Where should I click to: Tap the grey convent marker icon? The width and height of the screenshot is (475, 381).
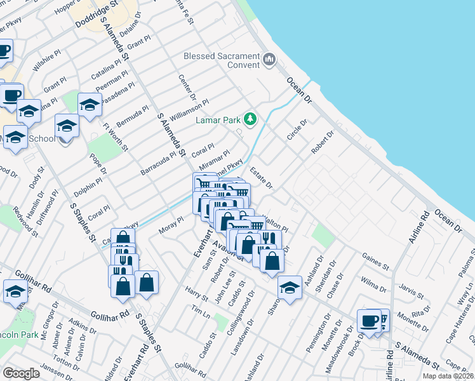click(x=269, y=60)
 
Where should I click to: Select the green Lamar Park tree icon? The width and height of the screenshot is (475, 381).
click(x=251, y=118)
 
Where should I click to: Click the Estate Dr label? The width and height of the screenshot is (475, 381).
click(x=260, y=178)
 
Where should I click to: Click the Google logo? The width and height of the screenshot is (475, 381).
click(x=21, y=373)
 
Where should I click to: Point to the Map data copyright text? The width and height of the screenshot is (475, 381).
click(x=448, y=376)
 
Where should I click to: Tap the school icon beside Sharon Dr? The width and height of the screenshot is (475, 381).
click(x=290, y=288)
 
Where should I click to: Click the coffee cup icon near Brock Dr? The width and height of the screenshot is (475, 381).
click(x=369, y=320)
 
